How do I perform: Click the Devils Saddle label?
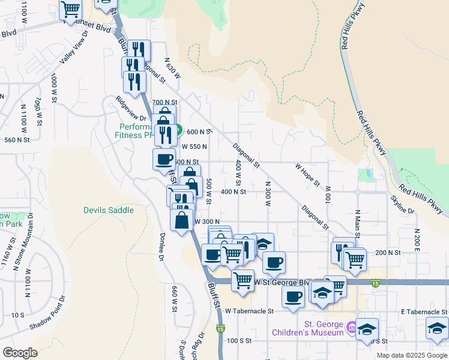point(108,210)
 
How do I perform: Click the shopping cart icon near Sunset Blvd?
point(71,9)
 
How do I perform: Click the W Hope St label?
point(307,175)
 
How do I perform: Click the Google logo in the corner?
point(20,353)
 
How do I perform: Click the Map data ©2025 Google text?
point(411,355)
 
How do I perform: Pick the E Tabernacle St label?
point(424,312)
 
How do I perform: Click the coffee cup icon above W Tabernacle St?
point(293,296)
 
